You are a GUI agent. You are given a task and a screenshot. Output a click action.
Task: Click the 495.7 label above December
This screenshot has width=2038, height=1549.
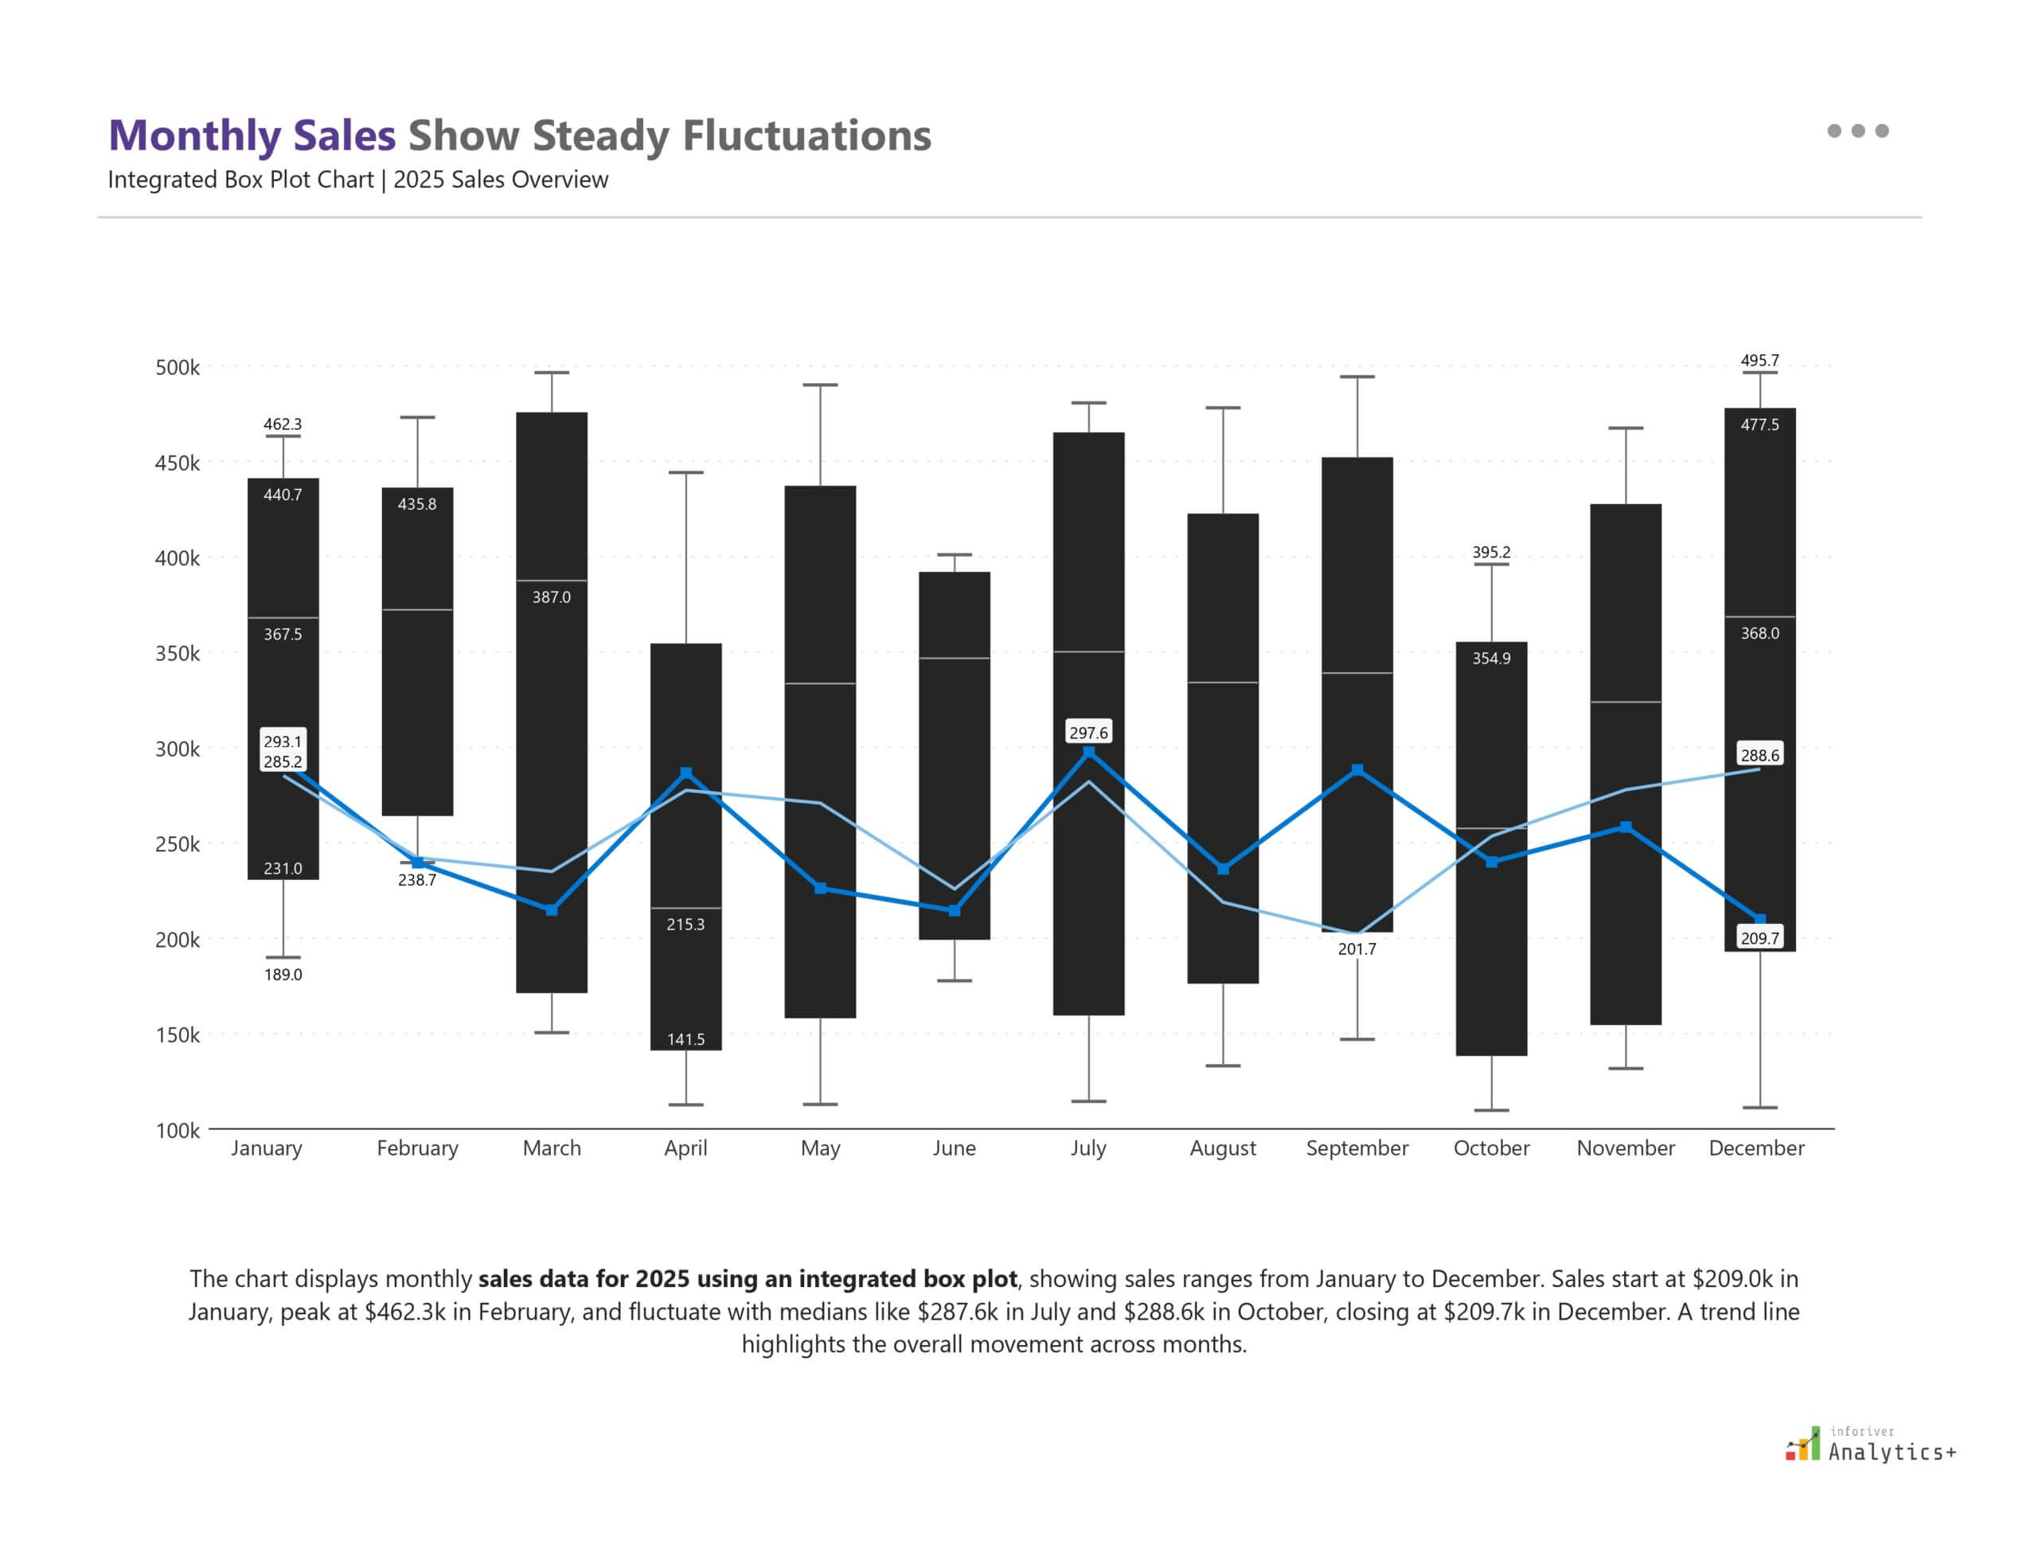point(1759,361)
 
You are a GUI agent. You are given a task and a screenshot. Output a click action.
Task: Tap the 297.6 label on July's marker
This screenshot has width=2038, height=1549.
point(1087,733)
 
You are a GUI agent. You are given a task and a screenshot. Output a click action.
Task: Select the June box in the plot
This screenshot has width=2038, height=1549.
point(954,756)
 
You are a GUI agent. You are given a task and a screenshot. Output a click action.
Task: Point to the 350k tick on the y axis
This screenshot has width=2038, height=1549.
point(177,654)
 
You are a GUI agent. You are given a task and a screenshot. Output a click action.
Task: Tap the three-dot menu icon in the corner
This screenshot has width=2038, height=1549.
point(1857,131)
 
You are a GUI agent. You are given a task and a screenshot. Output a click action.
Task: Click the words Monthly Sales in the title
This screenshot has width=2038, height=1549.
point(252,135)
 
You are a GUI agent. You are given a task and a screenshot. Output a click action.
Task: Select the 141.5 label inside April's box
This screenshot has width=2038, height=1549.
point(685,1039)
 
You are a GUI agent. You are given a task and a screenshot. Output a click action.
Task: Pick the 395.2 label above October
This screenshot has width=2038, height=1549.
point(1490,552)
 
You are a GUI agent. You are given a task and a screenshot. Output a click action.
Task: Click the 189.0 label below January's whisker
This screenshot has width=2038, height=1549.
point(283,975)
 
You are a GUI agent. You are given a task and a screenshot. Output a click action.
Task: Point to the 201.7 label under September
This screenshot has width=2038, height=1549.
point(1357,949)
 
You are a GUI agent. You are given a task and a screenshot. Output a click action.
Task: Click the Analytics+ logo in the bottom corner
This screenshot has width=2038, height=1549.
point(1871,1445)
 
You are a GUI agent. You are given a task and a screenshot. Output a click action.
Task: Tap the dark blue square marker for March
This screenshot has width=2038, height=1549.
point(551,910)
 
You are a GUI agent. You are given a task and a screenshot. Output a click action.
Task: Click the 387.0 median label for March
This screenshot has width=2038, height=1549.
point(551,597)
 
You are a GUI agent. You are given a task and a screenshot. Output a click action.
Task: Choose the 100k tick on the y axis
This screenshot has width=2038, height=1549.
point(177,1130)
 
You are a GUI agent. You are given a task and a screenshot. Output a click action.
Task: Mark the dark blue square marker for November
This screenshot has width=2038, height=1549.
point(1625,827)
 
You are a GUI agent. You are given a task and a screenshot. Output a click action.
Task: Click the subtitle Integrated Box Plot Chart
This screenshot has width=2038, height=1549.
point(240,180)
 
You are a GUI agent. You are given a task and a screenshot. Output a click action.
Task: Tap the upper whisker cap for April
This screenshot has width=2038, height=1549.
point(685,473)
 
